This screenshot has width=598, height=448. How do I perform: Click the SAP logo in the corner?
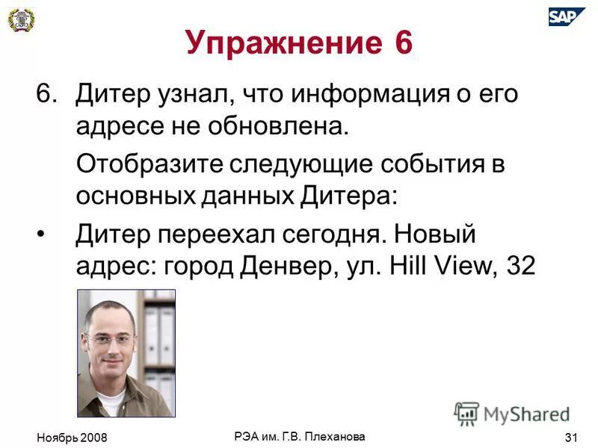coord(567,16)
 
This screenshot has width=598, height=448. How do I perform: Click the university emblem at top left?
coord(22,20)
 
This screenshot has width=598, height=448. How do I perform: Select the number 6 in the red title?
coord(399,43)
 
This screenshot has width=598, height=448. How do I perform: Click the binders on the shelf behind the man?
coord(158,329)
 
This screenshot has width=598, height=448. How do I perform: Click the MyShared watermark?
coord(512,413)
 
